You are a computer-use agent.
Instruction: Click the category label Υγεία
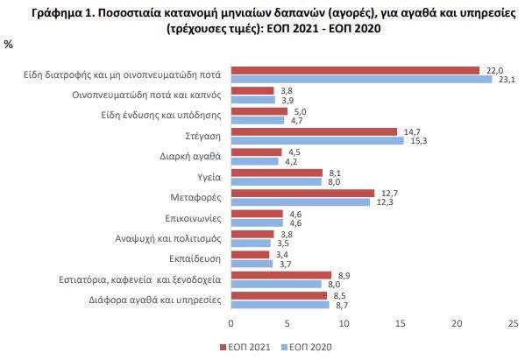209,176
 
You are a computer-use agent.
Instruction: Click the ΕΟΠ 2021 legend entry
250,345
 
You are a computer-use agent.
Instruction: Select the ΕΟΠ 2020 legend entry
308,345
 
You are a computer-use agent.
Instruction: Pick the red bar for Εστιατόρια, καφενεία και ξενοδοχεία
280,275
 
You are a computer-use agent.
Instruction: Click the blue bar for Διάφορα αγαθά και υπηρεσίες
280,305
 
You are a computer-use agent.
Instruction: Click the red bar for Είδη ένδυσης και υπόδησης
259,111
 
